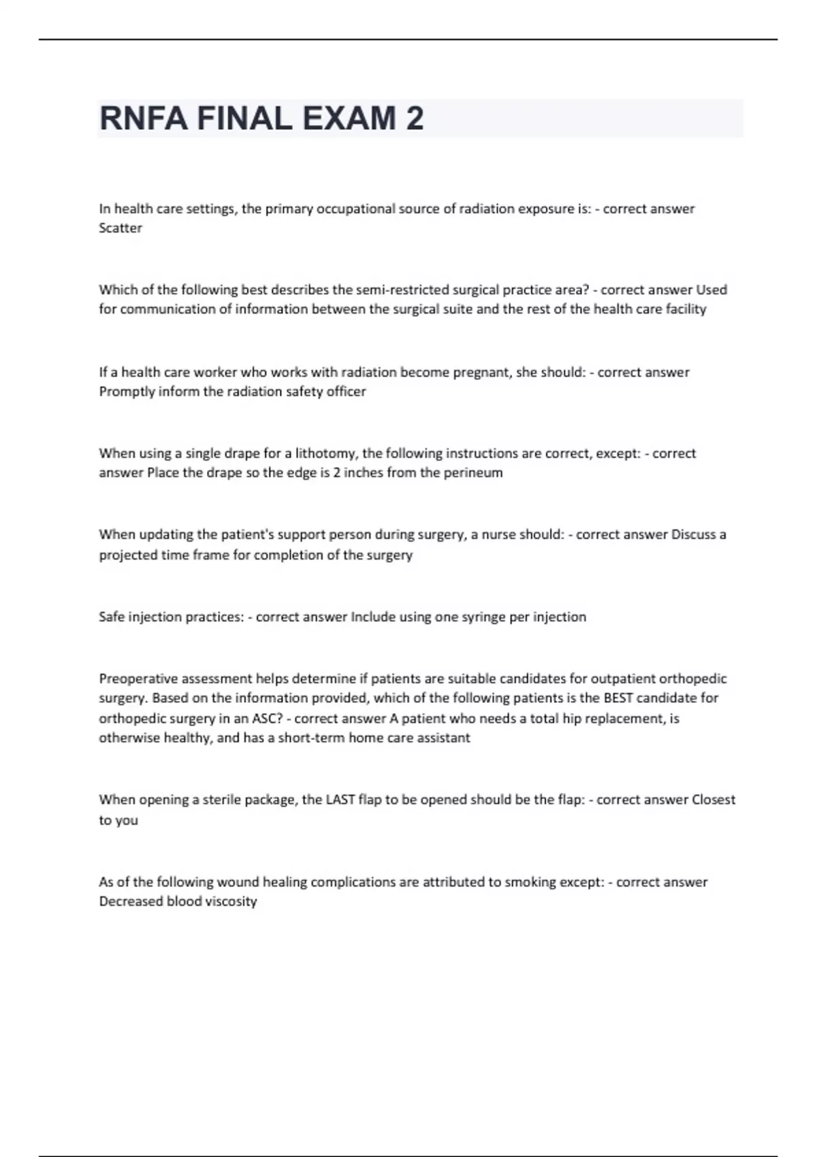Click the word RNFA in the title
tap(143, 118)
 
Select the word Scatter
tap(121, 228)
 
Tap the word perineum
tap(473, 472)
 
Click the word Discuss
tap(694, 535)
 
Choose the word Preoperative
tap(138, 679)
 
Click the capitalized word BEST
tap(618, 698)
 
